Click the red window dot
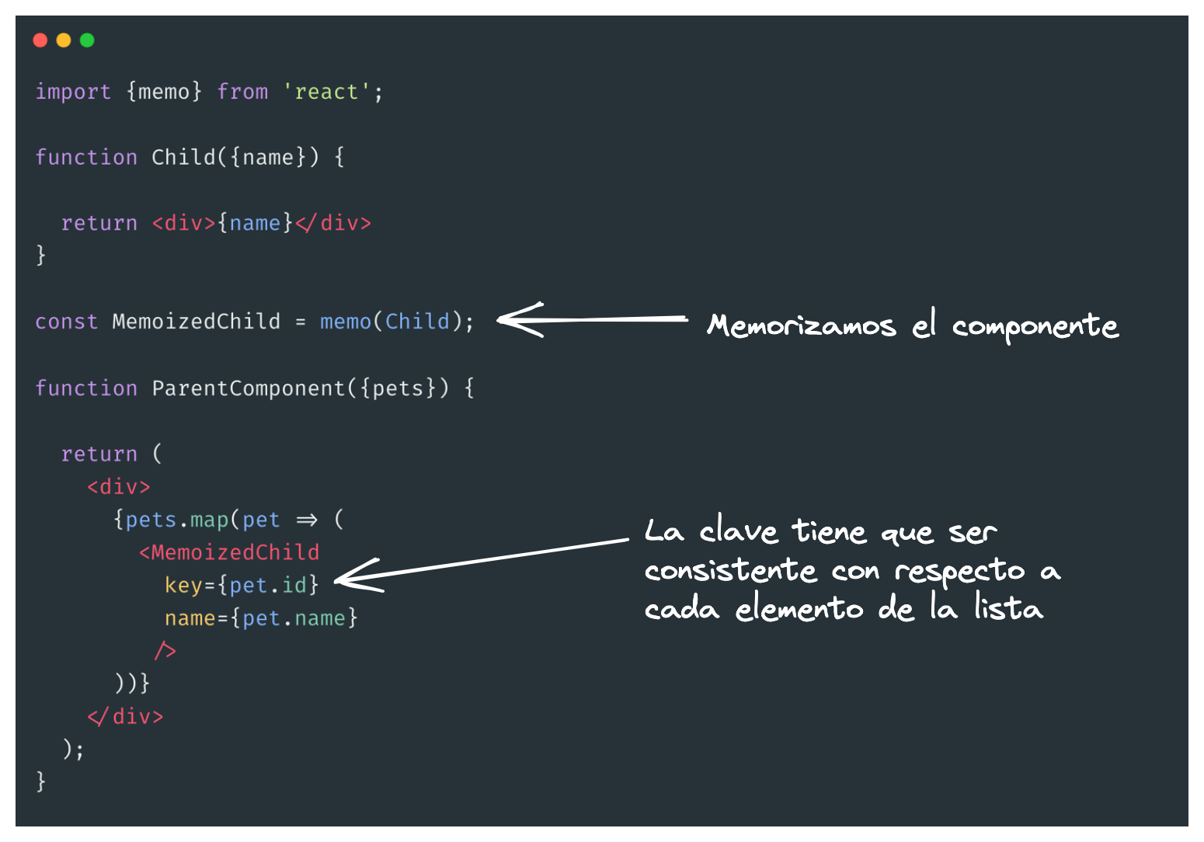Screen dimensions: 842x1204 click(x=40, y=40)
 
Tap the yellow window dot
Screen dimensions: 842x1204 click(x=64, y=40)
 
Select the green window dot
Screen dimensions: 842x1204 click(x=87, y=40)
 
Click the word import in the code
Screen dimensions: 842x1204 click(x=73, y=92)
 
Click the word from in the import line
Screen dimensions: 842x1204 click(x=242, y=92)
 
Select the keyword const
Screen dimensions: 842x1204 click(x=66, y=322)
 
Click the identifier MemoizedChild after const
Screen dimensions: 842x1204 click(x=196, y=322)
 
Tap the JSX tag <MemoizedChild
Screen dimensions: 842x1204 click(x=229, y=552)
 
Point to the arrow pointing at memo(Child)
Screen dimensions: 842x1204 click(x=590, y=319)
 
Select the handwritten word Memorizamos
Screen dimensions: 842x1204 click(x=802, y=325)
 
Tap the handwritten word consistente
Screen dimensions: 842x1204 click(x=731, y=570)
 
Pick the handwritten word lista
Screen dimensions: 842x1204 click(x=1009, y=607)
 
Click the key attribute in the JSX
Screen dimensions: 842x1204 click(x=183, y=585)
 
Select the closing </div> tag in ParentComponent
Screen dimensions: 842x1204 click(x=125, y=716)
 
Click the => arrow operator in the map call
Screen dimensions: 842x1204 click(x=307, y=520)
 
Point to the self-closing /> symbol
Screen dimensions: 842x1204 click(x=165, y=651)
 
